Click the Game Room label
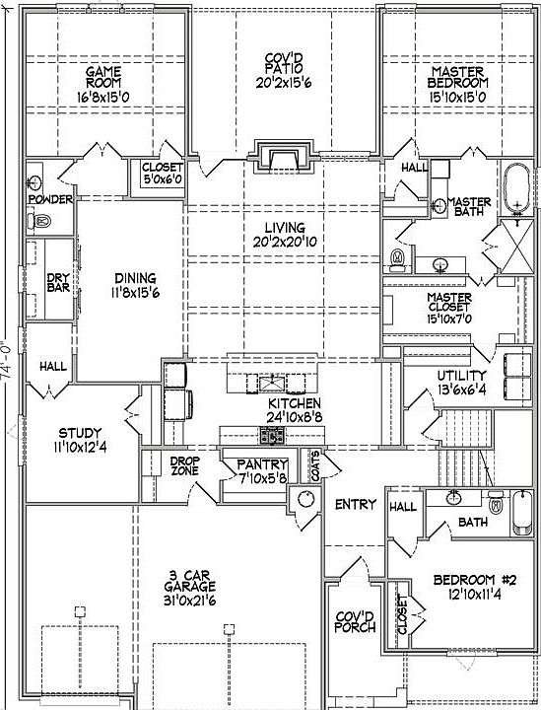(x=103, y=77)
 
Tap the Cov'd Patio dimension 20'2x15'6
(x=284, y=83)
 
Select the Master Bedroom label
(x=458, y=77)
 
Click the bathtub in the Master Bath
(x=516, y=188)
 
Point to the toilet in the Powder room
(x=39, y=222)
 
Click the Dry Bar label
(x=58, y=283)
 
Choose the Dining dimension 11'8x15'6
(x=135, y=293)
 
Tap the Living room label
(x=285, y=228)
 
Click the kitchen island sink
(x=273, y=384)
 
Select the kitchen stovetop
(x=273, y=436)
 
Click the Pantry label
(x=262, y=464)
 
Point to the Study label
(x=80, y=433)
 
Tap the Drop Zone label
(x=185, y=465)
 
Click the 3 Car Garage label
(x=189, y=581)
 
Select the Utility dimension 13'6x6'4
(x=461, y=390)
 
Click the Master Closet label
(x=449, y=303)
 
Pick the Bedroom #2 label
(x=475, y=580)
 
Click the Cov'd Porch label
(x=355, y=622)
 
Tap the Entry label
(x=356, y=504)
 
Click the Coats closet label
(x=315, y=465)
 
